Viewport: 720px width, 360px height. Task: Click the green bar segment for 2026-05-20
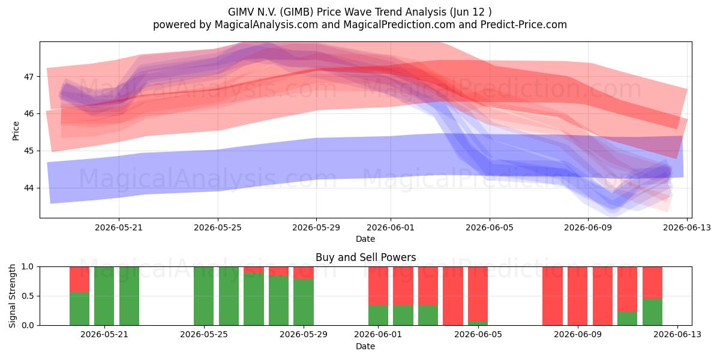79,308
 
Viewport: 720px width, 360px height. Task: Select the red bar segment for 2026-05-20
79,280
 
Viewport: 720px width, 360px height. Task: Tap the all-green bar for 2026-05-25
204,296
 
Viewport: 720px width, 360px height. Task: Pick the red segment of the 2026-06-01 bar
379,286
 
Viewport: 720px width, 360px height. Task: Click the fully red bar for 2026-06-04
453,296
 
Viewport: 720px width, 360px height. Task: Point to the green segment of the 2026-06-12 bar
653,312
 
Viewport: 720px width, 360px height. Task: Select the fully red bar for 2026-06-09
578,296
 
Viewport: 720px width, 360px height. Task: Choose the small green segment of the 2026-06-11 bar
628,319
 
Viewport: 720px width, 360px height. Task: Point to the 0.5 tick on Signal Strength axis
28,296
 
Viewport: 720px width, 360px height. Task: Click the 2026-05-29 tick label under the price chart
316,227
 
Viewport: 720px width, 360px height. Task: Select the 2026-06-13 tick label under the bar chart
677,335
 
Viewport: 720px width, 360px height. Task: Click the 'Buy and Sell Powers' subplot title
366,257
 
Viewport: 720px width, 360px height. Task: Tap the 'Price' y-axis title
16,131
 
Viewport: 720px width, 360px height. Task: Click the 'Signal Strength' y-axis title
12,296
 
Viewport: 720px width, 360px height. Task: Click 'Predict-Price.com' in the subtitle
524,25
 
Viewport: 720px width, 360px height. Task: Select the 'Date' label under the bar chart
365,347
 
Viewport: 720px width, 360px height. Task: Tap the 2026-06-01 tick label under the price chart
391,227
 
